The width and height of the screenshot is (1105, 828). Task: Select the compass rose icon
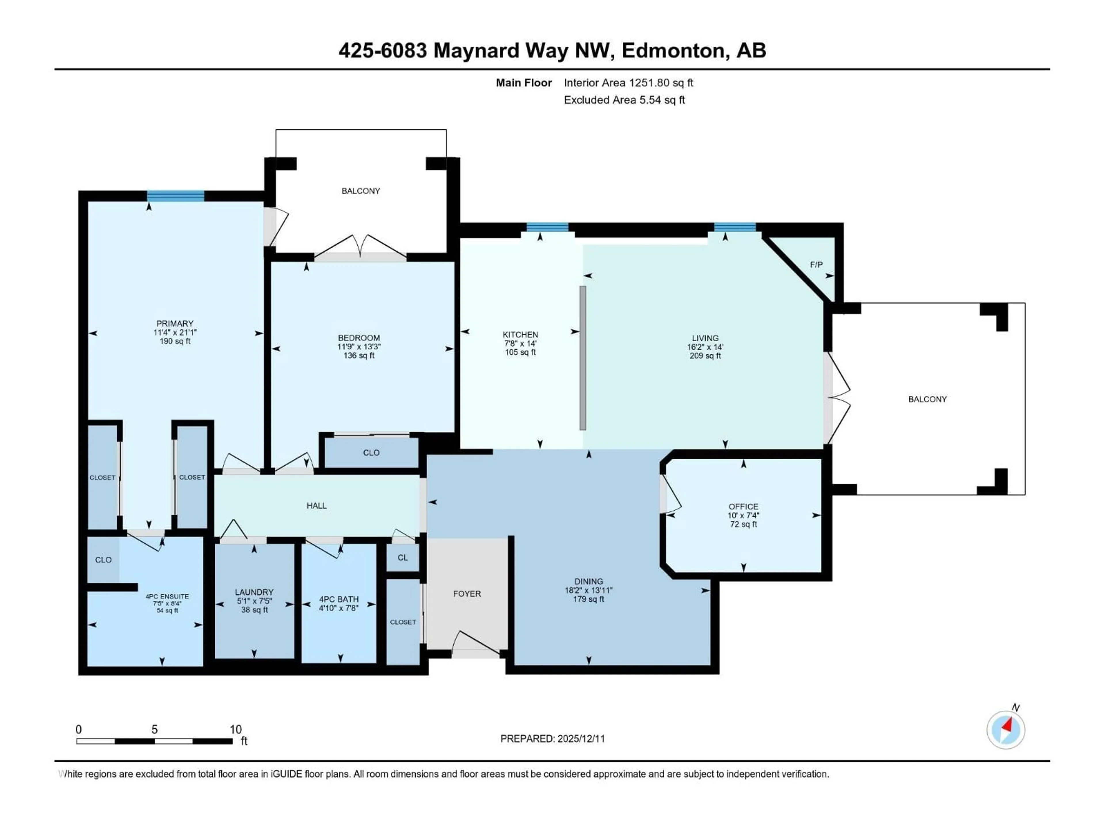point(1006,730)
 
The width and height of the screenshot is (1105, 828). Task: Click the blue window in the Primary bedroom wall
point(175,196)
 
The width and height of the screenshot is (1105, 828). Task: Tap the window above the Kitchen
point(547,228)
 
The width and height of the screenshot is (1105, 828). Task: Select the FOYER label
point(466,593)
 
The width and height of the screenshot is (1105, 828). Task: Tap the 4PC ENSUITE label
point(167,597)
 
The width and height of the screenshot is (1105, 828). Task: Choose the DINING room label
point(588,581)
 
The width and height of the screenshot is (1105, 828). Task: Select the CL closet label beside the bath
point(403,557)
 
